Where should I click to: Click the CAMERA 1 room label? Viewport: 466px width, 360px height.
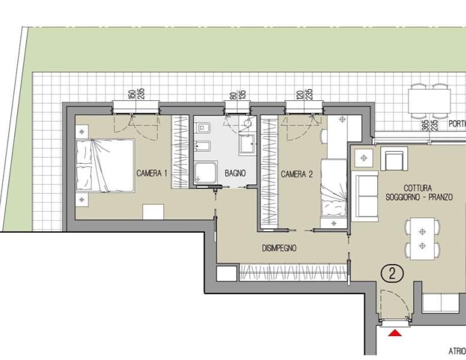(x=152, y=173)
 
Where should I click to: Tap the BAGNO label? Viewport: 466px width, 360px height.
(x=235, y=173)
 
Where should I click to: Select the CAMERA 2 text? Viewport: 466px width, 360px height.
(x=297, y=174)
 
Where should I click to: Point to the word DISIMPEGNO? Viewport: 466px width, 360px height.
(x=279, y=248)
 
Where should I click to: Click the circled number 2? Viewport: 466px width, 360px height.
(x=392, y=274)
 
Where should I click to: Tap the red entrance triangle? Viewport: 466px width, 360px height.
(x=395, y=333)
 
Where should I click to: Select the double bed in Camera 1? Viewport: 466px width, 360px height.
(x=105, y=165)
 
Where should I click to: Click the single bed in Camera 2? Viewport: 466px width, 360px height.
(x=333, y=188)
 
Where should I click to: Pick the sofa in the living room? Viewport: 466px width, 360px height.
(x=365, y=196)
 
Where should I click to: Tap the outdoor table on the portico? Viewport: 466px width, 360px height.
(x=429, y=101)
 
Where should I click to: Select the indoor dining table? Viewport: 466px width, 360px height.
(x=422, y=239)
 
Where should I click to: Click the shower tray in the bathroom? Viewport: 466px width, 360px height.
(x=206, y=173)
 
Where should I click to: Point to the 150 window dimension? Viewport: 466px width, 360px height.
(x=131, y=94)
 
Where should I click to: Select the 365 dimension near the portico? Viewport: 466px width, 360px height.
(x=425, y=126)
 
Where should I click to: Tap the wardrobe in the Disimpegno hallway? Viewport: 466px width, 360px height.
(x=293, y=272)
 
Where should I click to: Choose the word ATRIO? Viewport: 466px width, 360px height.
(x=457, y=351)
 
